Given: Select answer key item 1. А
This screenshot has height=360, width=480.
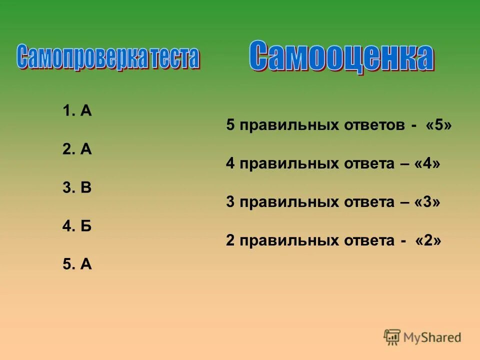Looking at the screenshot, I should point(77,111).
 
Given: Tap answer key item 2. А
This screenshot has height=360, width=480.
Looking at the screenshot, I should point(77,149).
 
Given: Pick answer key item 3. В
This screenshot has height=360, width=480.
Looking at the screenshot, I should point(77,187).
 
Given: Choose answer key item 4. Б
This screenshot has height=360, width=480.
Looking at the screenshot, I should point(77,226).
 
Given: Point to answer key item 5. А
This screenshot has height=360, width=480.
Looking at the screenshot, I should point(77,264).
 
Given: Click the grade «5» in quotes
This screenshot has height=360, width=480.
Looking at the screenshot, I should point(439,125).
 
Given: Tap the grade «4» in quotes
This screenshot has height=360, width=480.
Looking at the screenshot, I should point(427,163).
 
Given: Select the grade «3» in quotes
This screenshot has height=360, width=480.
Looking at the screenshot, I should point(427,202).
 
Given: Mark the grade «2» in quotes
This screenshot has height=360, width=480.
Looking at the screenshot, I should point(428,240).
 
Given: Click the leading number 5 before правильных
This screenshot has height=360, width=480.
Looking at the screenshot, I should point(230,125).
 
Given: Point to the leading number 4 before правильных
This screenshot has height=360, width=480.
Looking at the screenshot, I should point(230,163).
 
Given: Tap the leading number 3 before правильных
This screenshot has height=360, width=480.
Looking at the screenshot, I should point(230,202).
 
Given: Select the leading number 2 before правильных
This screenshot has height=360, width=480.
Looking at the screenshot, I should point(230,240).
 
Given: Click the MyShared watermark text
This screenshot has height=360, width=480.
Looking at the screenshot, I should point(433,337).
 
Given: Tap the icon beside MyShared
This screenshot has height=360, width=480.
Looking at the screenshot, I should point(392,337).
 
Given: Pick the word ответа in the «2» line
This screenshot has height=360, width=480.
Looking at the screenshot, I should point(368,240).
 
